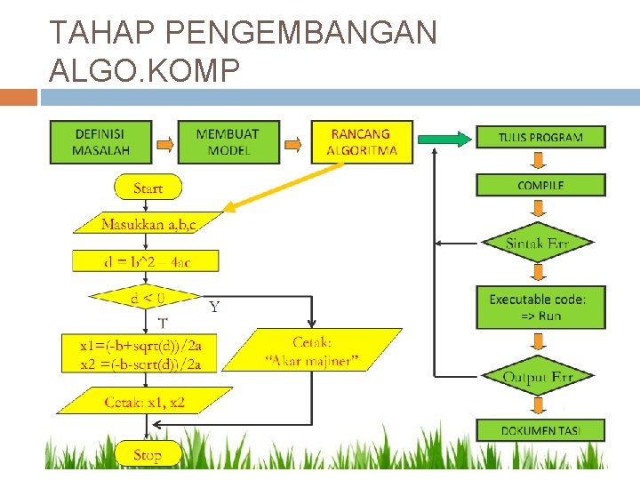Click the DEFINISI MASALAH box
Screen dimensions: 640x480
click(101, 142)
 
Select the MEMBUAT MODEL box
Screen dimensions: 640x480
click(228, 142)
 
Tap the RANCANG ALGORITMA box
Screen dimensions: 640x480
click(359, 142)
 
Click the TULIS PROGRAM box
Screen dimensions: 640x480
click(540, 137)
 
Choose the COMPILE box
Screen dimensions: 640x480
click(540, 185)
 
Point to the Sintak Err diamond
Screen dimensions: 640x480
click(537, 243)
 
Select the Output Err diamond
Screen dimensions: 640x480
click(537, 377)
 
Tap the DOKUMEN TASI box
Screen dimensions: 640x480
click(540, 430)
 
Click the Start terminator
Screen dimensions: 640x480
click(148, 188)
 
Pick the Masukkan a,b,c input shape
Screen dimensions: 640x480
click(148, 223)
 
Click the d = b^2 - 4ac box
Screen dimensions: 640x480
click(146, 261)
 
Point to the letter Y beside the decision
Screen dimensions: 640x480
click(214, 308)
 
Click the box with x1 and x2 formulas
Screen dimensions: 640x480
click(140, 354)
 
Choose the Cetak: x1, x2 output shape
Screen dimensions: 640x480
click(144, 402)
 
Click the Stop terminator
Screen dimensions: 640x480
click(148, 455)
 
